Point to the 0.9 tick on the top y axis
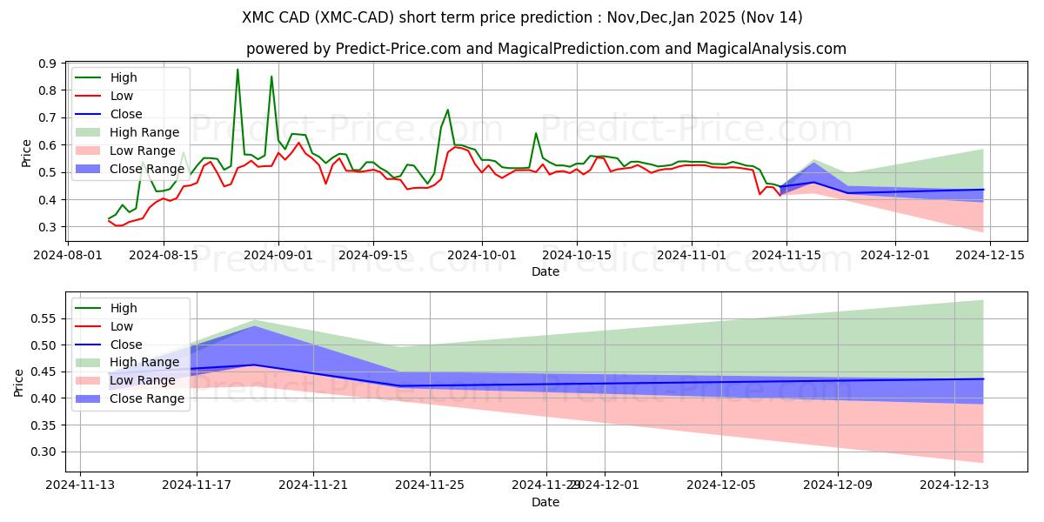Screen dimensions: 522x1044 click(48, 64)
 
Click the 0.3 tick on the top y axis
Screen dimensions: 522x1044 click(48, 227)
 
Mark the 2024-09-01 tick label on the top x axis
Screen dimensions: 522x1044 click(278, 255)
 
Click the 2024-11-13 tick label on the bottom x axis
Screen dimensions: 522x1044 click(80, 485)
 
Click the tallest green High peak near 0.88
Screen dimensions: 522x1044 click(238, 70)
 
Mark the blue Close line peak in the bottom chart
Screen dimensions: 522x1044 click(254, 365)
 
